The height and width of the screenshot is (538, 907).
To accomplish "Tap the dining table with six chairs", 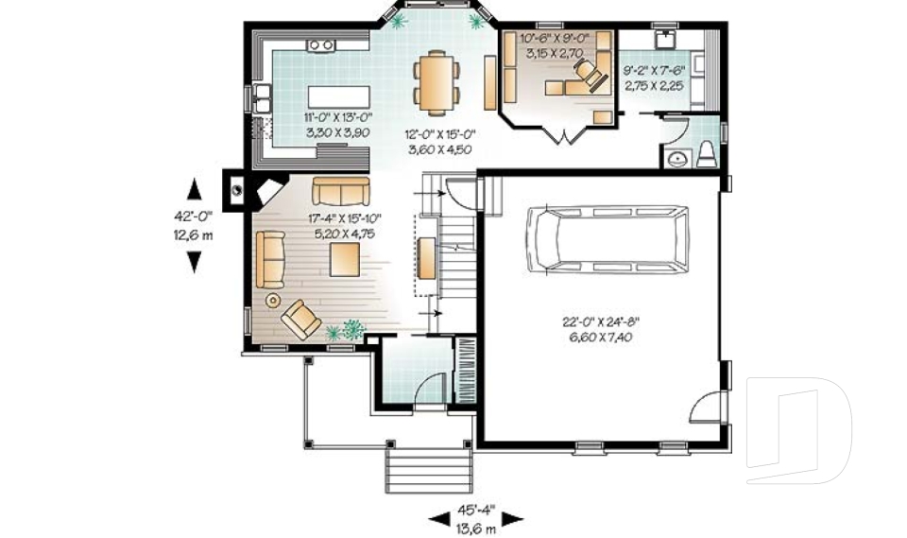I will (x=436, y=80).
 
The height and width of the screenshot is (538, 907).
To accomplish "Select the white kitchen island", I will (x=337, y=96).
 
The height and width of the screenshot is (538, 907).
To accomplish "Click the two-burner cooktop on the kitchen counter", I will (x=321, y=44).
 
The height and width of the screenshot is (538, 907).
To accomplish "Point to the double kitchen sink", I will (x=262, y=97).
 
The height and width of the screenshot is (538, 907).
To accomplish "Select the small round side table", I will (x=273, y=301).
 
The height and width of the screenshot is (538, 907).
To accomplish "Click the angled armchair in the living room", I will (x=300, y=319).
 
